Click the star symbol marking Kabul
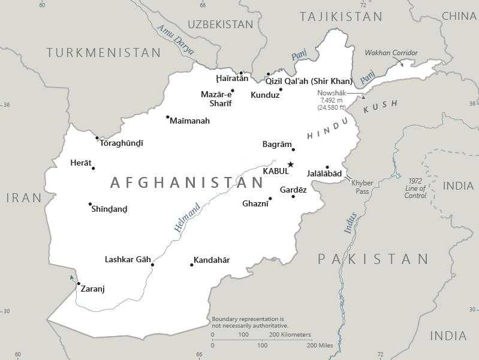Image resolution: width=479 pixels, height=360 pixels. [291, 164]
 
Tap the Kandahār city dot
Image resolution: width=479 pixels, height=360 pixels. [192, 265]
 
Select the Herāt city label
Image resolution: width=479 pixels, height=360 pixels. [81, 163]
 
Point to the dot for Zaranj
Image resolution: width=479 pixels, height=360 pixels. [79, 284]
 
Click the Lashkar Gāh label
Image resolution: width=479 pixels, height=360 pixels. [128, 259]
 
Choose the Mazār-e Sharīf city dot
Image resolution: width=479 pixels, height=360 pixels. [233, 91]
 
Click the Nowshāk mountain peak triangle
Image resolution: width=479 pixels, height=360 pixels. [363, 97]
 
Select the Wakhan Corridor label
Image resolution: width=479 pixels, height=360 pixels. [391, 53]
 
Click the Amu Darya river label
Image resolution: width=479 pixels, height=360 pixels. [176, 40]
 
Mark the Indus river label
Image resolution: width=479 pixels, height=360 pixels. [351, 223]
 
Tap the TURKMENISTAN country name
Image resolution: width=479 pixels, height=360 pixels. [104, 53]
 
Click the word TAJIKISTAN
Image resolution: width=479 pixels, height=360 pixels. [341, 17]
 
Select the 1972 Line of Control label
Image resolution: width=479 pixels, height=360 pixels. [415, 188]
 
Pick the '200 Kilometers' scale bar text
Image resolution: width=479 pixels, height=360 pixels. [290, 334]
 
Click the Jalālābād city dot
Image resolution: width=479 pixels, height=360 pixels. [327, 167]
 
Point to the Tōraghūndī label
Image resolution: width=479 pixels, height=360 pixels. [122, 143]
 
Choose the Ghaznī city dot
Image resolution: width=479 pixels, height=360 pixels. [270, 199]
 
